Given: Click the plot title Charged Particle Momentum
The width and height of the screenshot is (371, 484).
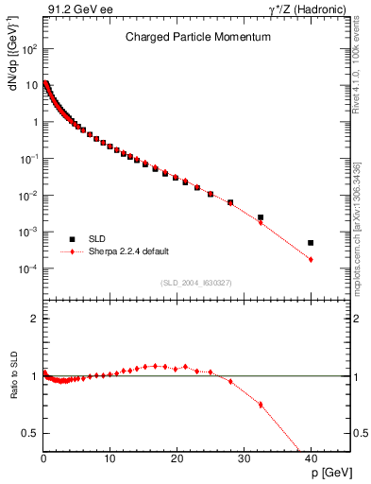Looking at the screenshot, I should (x=198, y=37).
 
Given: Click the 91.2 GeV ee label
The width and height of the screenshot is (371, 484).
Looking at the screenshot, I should (x=76, y=9).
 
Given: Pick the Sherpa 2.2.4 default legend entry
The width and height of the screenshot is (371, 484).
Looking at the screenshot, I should (x=128, y=251).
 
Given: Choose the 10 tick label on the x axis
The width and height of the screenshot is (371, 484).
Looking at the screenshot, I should (x=110, y=458).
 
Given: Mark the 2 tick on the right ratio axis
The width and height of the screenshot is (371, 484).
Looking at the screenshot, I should (x=360, y=319).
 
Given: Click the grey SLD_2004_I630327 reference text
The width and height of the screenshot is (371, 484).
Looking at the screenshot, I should (x=197, y=283).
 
